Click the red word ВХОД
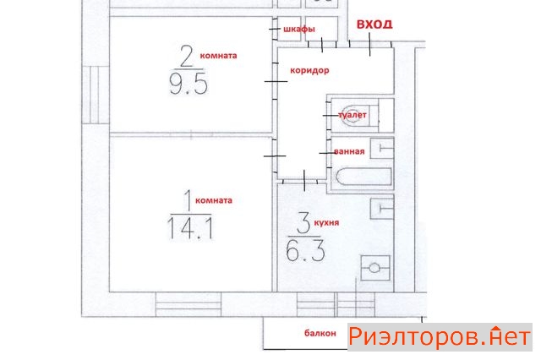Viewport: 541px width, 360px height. click(x=374, y=25)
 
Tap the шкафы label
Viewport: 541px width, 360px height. click(x=299, y=30)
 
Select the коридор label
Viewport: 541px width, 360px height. click(x=309, y=70)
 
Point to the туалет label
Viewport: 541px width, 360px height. click(x=352, y=115)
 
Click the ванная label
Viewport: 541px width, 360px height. click(x=349, y=151)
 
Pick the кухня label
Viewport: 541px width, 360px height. click(x=326, y=223)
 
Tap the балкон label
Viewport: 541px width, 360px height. click(x=320, y=333)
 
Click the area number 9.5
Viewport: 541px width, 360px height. click(x=189, y=85)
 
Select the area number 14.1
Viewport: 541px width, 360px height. click(x=190, y=228)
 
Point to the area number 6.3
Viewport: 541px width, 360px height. click(x=306, y=250)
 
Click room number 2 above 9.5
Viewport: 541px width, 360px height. click(x=187, y=57)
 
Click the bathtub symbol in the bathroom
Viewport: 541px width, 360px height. click(x=364, y=177)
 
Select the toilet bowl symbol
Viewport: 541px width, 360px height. click(x=355, y=115)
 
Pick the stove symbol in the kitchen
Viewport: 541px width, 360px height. click(x=375, y=268)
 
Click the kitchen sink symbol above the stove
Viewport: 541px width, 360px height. click(x=381, y=208)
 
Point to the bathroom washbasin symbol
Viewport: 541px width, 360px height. click(x=382, y=148)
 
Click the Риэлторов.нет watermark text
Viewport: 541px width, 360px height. click(x=440, y=337)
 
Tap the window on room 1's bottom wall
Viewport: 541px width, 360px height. click(x=188, y=304)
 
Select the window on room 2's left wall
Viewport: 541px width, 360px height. click(x=90, y=95)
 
